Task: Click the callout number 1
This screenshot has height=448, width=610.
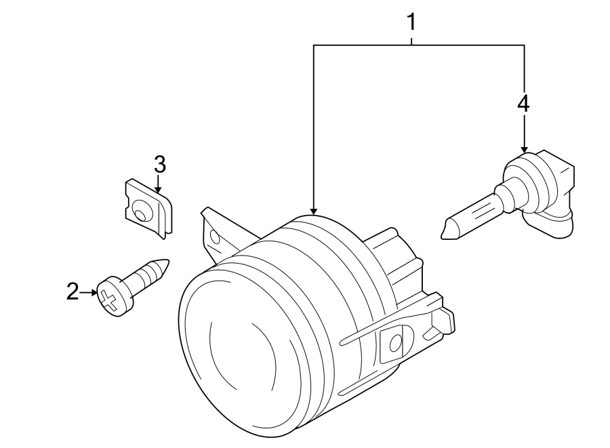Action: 411,22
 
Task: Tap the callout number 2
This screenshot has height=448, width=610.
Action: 73,293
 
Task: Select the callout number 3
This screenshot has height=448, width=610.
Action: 159,164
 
